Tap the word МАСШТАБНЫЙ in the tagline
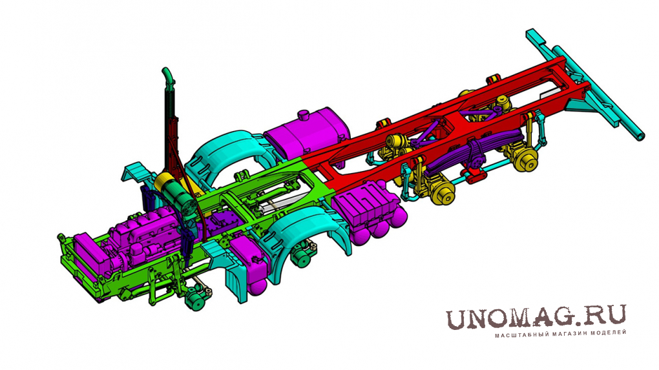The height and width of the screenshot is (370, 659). click(x=516, y=334)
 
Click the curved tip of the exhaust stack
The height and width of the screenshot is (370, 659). click(x=167, y=74)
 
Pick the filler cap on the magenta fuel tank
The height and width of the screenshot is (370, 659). click(x=304, y=115)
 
